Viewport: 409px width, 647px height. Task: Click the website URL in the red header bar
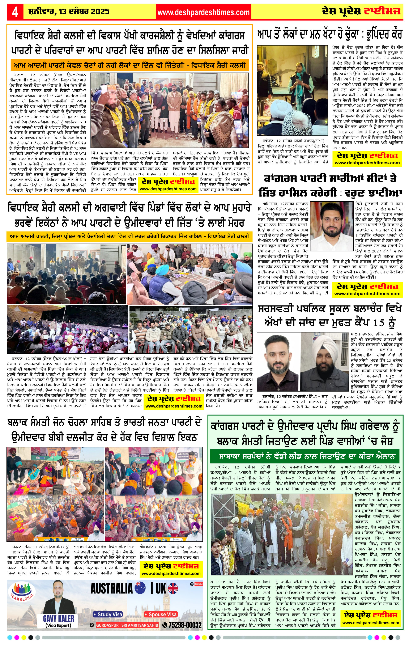tap(203, 12)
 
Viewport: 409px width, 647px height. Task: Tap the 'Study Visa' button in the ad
tap(108, 614)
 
